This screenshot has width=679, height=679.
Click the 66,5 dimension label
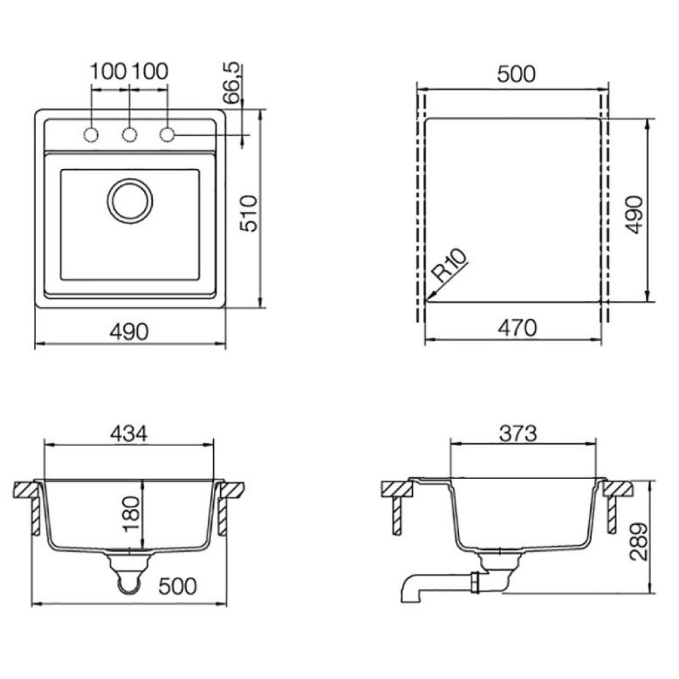[232, 83]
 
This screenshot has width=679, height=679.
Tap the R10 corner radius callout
[451, 266]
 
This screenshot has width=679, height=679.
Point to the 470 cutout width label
[517, 328]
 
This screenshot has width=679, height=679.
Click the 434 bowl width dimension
[128, 433]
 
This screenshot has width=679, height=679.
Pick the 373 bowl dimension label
[518, 433]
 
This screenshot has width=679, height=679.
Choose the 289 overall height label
[639, 542]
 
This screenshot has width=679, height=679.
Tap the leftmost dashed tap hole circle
[90, 134]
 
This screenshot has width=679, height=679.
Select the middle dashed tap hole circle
[130, 134]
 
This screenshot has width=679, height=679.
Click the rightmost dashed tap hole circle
[167, 134]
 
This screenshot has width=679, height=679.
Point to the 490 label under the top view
[129, 332]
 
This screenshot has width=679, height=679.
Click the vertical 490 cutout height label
[636, 215]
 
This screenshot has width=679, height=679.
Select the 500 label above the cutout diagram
[516, 74]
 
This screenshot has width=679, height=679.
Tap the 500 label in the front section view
[177, 587]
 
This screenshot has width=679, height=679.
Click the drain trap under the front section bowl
[129, 571]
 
